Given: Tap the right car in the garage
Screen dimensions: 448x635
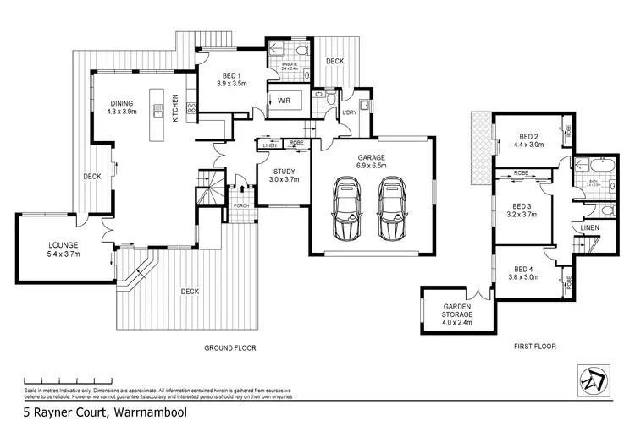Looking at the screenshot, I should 392,209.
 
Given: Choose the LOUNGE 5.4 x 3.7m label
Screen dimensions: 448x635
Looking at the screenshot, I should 63,249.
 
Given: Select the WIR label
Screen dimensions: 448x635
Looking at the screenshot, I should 286,101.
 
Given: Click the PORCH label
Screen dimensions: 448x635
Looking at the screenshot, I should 240,205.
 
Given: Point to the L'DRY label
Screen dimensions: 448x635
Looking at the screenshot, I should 348,113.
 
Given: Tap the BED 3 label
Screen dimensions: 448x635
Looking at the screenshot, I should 523,210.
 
